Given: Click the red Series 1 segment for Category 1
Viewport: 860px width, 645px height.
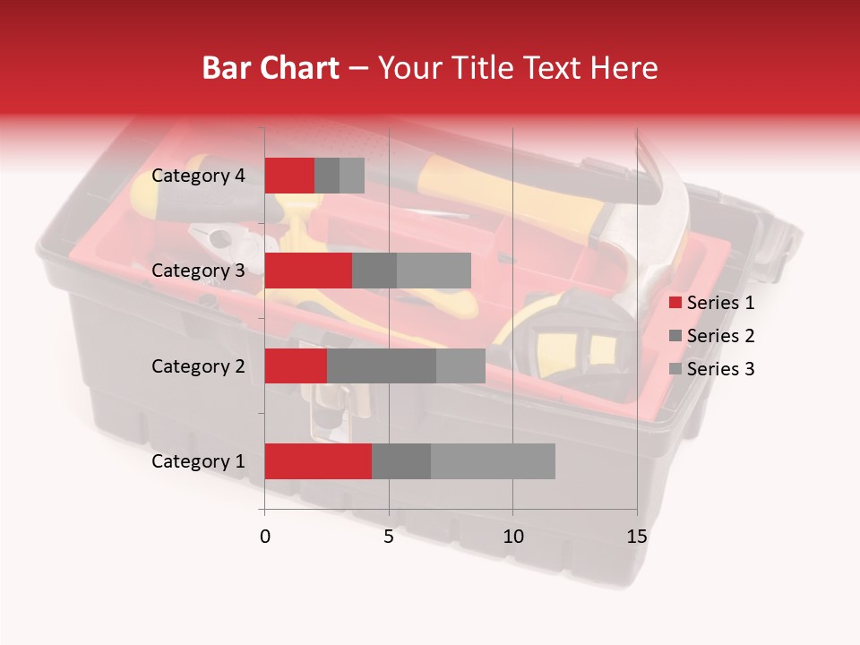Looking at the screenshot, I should (x=318, y=461).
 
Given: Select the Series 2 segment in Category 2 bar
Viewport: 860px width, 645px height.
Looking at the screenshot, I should (x=382, y=365).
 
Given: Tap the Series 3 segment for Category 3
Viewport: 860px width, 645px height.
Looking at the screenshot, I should (x=434, y=271).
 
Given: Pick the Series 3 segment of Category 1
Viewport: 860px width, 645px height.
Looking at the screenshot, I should (x=493, y=461).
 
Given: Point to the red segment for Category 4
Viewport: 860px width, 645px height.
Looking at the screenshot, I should (x=289, y=176).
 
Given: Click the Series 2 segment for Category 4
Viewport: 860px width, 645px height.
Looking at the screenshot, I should (x=327, y=176).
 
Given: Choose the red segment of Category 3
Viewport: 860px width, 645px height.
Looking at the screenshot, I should (x=308, y=271).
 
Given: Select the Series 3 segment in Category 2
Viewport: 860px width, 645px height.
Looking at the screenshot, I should (x=460, y=365).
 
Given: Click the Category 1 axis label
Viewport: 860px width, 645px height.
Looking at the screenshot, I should (x=198, y=461).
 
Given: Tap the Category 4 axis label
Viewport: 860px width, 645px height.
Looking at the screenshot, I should (x=198, y=176).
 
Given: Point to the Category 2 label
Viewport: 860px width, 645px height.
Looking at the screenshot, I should (x=198, y=365).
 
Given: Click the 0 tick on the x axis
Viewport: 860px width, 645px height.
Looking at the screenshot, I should (x=265, y=537).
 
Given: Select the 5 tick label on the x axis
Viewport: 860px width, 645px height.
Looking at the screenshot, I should (x=389, y=537).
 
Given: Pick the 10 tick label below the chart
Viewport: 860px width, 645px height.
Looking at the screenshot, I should (x=512, y=537).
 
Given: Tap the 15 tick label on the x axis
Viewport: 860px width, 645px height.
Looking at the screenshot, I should (x=637, y=537).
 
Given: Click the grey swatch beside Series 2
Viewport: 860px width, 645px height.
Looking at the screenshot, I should (x=675, y=336).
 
